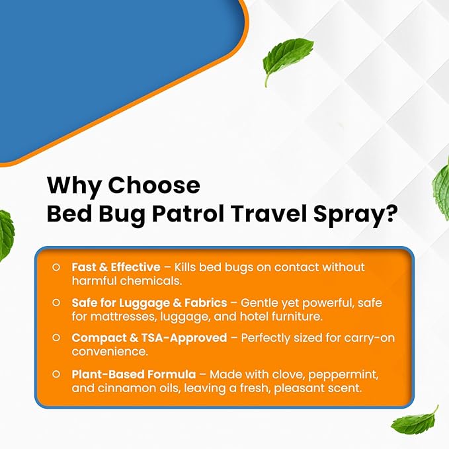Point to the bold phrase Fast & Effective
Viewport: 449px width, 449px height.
click(116, 266)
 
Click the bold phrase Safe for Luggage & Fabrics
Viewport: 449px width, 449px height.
click(149, 302)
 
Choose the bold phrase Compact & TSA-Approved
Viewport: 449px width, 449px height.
click(149, 338)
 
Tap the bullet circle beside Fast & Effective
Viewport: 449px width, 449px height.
click(57, 266)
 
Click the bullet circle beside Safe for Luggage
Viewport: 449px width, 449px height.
click(57, 302)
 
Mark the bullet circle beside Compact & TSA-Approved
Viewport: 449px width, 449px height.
click(57, 338)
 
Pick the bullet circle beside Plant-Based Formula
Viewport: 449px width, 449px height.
click(57, 374)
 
